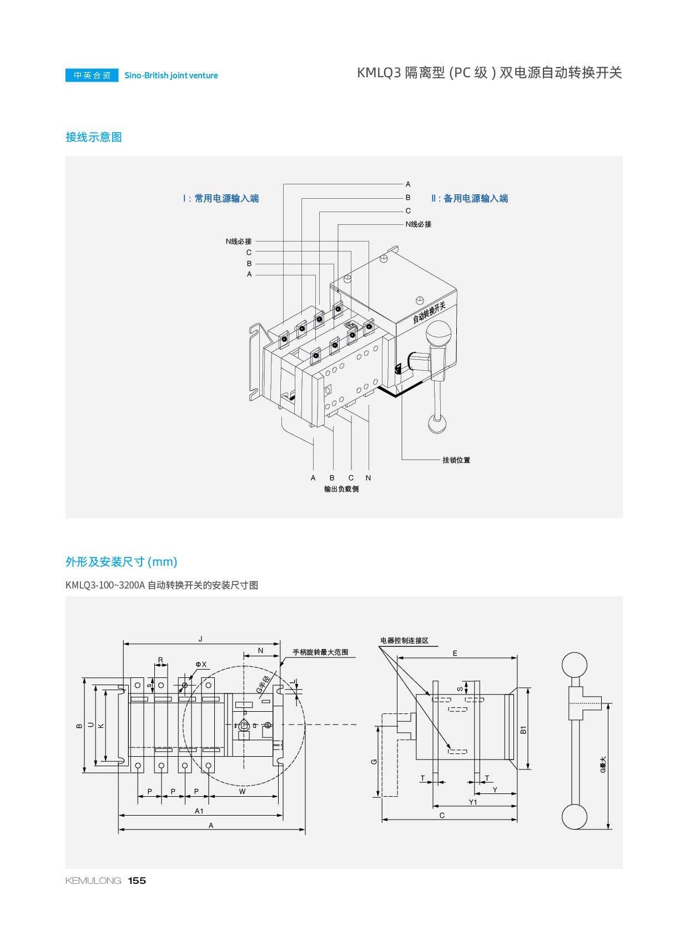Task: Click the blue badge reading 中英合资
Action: (92, 76)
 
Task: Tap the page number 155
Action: (137, 881)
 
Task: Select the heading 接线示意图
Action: (94, 137)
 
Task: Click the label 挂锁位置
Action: (456, 460)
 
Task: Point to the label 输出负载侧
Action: (341, 489)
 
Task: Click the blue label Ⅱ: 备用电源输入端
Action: (470, 199)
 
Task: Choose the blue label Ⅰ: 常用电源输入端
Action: (221, 199)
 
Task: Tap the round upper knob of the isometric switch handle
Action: (438, 334)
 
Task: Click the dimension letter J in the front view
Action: (200, 639)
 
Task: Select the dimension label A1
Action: (199, 811)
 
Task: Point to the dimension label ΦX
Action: (201, 665)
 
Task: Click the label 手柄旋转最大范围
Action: (320, 652)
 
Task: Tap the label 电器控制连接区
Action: (404, 641)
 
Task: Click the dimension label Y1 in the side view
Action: (473, 802)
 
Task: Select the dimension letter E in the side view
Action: (455, 654)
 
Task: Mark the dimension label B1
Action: (523, 730)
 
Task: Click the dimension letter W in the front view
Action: (242, 792)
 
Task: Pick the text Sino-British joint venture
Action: (171, 76)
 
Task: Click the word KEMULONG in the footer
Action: (93, 881)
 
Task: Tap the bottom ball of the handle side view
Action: (575, 817)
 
